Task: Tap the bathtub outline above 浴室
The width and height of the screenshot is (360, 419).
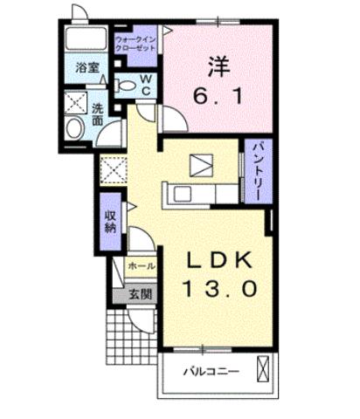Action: pos(85,40)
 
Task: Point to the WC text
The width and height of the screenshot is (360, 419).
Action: pos(147,86)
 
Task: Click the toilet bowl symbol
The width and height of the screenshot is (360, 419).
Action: pos(126,86)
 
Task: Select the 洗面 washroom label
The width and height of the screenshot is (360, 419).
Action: pos(99,115)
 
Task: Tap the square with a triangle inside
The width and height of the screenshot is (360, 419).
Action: pos(201,164)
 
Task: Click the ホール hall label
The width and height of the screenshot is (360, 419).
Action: pos(142,265)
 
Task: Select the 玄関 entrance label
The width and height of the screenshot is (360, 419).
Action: pos(141,293)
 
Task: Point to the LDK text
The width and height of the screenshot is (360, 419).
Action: pos(220,259)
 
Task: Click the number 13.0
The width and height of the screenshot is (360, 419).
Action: pos(220,288)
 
